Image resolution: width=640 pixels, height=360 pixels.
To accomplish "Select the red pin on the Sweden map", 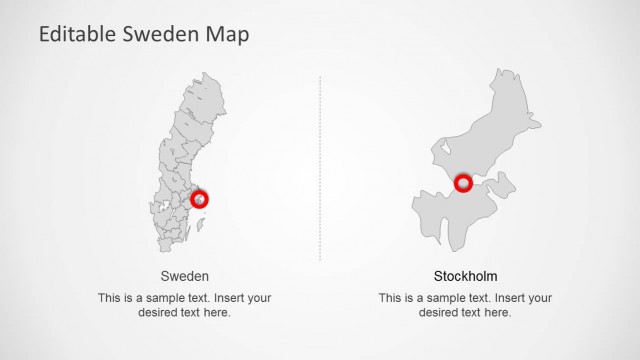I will click(200, 199).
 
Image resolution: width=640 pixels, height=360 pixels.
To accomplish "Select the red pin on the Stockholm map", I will click(463, 183).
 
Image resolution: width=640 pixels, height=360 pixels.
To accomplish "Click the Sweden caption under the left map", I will click(185, 276).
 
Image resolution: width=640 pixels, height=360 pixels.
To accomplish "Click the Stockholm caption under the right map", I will click(465, 276).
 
